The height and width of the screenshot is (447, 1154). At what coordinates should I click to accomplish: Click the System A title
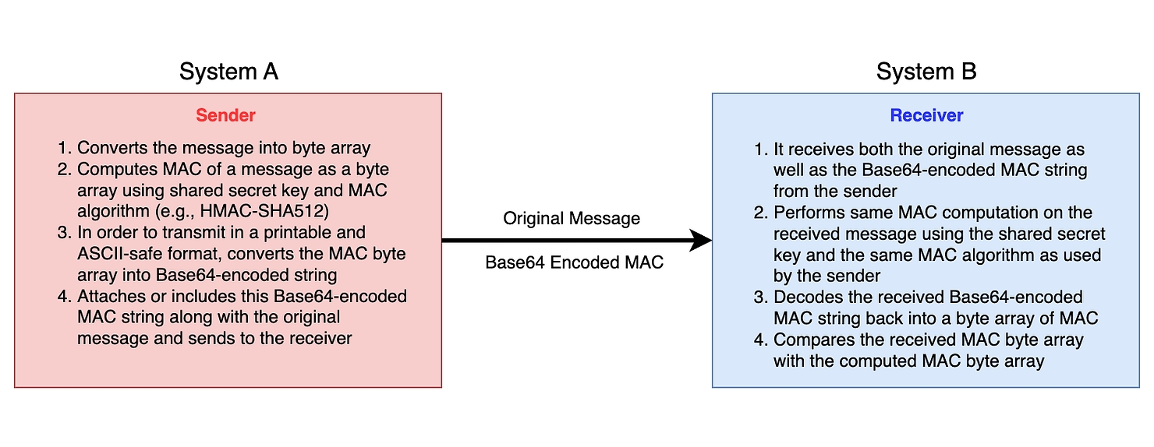[x=228, y=72]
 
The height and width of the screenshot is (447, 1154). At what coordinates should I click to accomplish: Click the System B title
[x=926, y=72]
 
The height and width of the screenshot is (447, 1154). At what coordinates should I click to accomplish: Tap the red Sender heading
[x=225, y=115]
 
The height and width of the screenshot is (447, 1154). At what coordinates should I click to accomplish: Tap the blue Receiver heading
[x=926, y=115]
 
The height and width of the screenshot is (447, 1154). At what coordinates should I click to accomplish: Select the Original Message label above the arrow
[x=572, y=219]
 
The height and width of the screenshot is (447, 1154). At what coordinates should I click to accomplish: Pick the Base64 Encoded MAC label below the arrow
[x=574, y=262]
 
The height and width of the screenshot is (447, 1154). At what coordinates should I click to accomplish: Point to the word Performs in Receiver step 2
[x=808, y=213]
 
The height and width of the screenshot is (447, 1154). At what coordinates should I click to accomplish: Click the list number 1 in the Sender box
[x=64, y=149]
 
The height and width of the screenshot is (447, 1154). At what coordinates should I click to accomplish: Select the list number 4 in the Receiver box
[x=760, y=340]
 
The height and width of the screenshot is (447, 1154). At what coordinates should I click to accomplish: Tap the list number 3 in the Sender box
[x=64, y=233]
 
